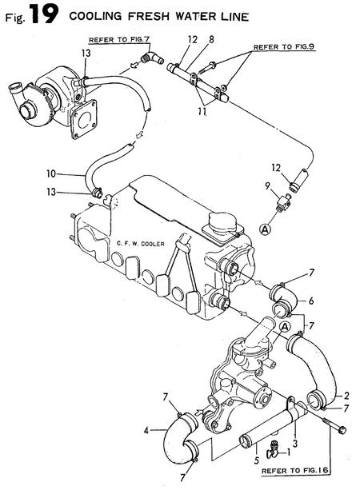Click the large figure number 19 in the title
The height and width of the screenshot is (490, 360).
pos(45,15)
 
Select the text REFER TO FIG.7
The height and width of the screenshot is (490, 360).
pos(119,40)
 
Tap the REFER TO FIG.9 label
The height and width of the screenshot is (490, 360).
pos(284,47)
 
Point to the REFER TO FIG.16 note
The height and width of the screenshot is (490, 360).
pos(295,470)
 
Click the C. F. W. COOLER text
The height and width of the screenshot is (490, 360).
pos(140,244)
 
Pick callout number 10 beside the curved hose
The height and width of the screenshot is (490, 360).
pos(51,173)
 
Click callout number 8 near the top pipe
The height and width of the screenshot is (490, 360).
pos(211,40)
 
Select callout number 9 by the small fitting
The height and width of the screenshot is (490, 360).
pos(267,186)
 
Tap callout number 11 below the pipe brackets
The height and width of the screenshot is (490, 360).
pos(202,111)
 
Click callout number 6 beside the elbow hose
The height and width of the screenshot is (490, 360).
pos(311,301)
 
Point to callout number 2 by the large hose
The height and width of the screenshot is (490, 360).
pos(346,396)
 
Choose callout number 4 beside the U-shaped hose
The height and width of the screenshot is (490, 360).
pos(146,431)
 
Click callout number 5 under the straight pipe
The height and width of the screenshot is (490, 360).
pos(257,460)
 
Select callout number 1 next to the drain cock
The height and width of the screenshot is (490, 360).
pos(289,452)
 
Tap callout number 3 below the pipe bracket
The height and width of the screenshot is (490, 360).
pos(294,444)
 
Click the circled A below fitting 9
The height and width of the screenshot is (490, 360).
pos(265,229)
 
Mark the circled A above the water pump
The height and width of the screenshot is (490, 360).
pos(285,327)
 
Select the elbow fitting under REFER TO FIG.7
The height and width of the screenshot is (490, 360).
pos(152,58)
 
